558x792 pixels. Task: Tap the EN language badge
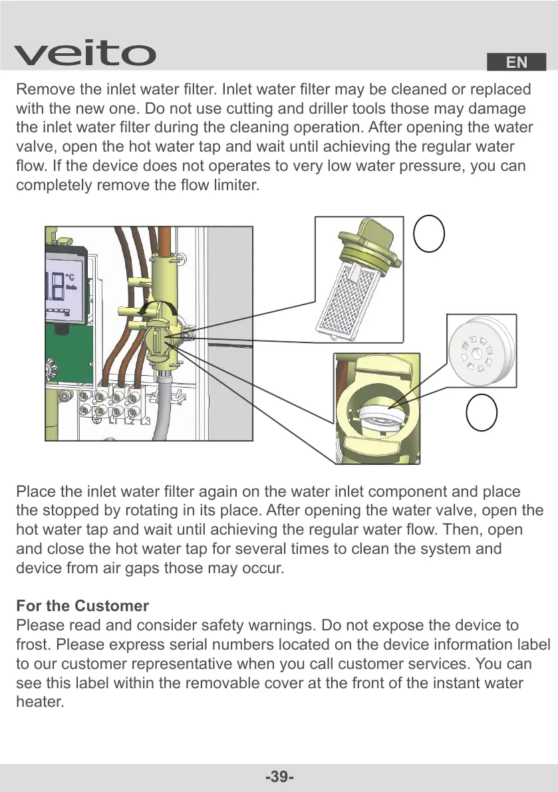coord(516,63)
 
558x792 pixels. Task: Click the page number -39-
coord(279,777)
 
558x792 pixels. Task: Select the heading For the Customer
coord(82,606)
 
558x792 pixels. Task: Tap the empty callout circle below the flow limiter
coord(481,412)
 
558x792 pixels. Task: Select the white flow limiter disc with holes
coord(481,348)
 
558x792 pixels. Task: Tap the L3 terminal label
coord(144,421)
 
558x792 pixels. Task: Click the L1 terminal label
coord(114,421)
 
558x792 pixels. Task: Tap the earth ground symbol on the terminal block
coord(98,420)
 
